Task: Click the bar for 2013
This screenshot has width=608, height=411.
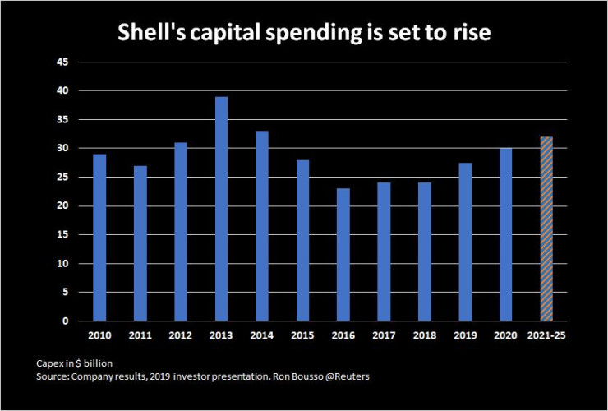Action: [x=221, y=209]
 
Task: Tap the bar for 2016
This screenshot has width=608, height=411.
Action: [x=343, y=255]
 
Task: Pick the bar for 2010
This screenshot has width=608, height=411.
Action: [x=99, y=238]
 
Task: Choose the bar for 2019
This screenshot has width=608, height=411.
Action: [x=465, y=242]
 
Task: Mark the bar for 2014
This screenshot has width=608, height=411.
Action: [x=262, y=226]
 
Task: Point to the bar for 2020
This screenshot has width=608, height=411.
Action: [x=505, y=234]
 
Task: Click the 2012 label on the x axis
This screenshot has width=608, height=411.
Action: [x=181, y=336]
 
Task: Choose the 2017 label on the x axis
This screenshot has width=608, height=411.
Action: [x=384, y=336]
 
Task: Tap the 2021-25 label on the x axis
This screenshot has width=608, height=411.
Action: [x=546, y=336]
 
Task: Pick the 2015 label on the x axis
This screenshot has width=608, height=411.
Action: [x=302, y=336]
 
